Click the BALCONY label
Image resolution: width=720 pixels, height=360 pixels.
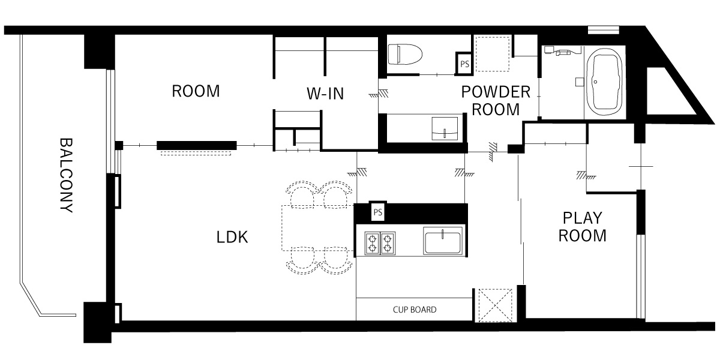67,175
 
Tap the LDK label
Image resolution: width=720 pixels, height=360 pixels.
232,237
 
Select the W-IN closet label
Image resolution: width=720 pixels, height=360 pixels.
325,94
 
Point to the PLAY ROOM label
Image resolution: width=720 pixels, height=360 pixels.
582,227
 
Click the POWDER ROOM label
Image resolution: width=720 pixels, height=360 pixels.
496,101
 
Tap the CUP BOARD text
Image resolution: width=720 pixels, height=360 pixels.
415,310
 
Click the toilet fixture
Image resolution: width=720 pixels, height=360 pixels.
405,55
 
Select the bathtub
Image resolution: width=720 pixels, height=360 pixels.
604,83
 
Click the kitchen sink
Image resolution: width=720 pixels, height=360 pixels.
443,241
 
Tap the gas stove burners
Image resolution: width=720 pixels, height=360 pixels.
380,243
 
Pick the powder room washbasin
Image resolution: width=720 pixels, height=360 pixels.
445,128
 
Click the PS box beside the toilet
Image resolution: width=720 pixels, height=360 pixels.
464,64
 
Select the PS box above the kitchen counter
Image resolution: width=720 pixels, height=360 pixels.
378,212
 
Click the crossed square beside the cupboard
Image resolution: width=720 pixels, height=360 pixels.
496,305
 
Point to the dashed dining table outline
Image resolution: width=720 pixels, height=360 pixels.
318,228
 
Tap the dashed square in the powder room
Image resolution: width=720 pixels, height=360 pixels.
493,54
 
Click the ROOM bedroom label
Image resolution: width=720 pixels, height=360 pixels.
196,91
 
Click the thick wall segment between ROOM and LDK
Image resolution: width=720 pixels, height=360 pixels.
197,145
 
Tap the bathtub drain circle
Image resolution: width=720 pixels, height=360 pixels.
595,82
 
